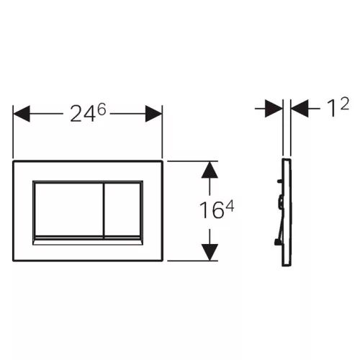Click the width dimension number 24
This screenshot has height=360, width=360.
click(x=81, y=114)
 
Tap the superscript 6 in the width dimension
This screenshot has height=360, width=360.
click(x=102, y=109)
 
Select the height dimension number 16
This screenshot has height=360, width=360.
click(x=211, y=210)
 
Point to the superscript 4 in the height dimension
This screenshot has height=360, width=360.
click(x=230, y=206)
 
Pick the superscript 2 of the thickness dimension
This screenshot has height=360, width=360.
click(x=344, y=104)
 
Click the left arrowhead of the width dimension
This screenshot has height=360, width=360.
click(x=22, y=114)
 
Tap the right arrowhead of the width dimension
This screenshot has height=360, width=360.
click(x=153, y=114)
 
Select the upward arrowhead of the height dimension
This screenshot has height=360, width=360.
click(x=210, y=170)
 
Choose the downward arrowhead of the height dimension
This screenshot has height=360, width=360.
click(x=210, y=252)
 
